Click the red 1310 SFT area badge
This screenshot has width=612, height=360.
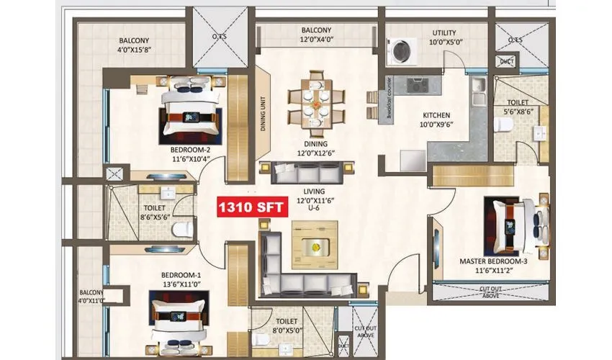click(252, 208)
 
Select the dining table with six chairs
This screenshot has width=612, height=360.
click(315, 105)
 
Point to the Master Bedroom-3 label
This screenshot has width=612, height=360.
click(494, 265)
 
